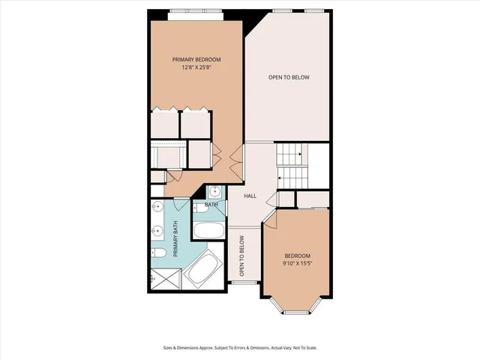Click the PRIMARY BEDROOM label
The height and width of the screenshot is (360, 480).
point(196,59)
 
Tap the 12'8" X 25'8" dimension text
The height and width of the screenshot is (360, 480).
point(196,67)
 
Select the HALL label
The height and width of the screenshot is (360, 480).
point(250,196)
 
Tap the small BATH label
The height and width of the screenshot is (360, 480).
point(211,204)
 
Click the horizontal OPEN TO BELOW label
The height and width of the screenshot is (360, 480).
point(289,77)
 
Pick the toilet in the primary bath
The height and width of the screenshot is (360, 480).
point(160,256)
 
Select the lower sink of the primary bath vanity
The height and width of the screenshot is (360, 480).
point(158,231)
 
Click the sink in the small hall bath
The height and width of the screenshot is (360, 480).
point(214,190)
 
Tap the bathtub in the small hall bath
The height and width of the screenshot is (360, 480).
point(208,229)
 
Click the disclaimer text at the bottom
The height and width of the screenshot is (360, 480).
point(239,348)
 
